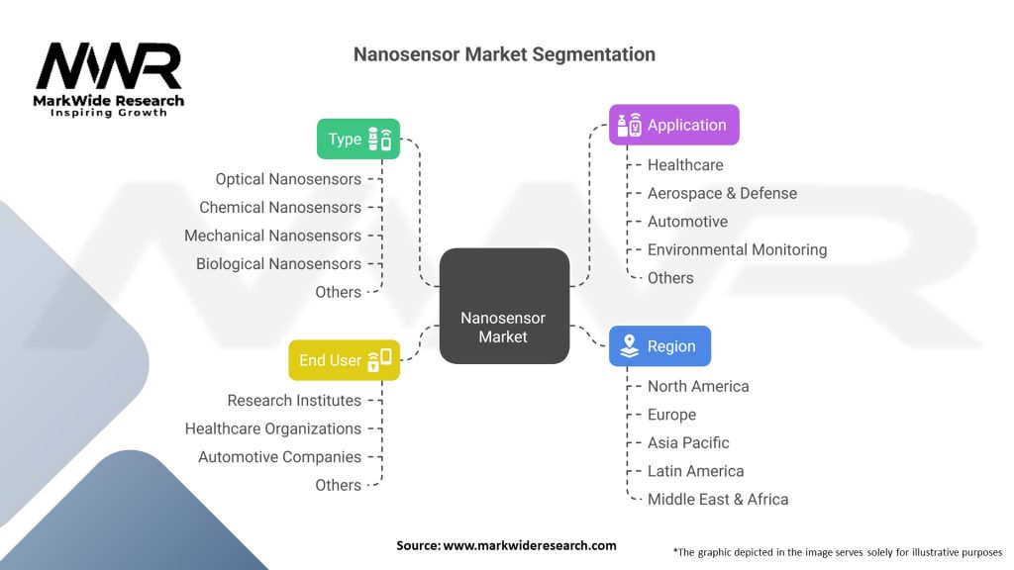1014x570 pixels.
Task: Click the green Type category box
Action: (358, 139)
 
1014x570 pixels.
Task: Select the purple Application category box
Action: (673, 125)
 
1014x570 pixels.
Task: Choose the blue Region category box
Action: (659, 346)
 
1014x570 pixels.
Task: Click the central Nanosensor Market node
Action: (503, 327)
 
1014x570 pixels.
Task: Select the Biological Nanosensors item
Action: (278, 264)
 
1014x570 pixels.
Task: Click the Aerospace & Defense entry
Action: (722, 193)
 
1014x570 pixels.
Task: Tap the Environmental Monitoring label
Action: (737, 250)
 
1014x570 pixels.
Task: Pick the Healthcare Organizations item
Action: (272, 428)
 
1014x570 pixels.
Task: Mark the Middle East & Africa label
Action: (718, 500)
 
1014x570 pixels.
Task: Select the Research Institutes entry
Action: (294, 400)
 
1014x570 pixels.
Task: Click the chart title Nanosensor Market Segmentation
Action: (504, 54)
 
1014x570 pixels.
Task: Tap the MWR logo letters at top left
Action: (109, 66)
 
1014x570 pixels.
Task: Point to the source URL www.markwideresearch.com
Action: (530, 545)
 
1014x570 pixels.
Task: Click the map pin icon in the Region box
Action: (629, 346)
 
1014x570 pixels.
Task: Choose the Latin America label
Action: (695, 471)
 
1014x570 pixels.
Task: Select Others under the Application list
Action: (670, 278)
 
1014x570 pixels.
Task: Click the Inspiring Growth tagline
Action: (109, 113)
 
